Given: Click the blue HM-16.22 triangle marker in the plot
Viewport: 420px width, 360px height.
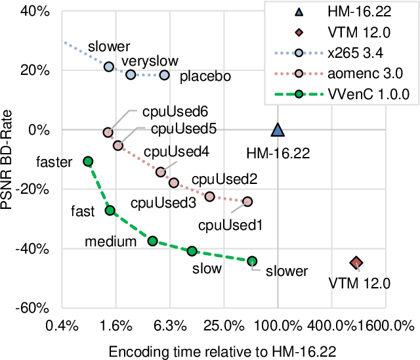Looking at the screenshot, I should pyautogui.click(x=278, y=131).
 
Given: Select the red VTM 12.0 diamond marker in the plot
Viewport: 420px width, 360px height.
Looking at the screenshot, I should pyautogui.click(x=356, y=263).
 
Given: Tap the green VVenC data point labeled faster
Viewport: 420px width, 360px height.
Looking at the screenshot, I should pyautogui.click(x=88, y=162).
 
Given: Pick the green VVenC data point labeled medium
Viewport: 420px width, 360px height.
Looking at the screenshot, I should pyautogui.click(x=152, y=241).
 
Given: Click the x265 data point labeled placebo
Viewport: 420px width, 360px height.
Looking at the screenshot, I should pyautogui.click(x=165, y=76).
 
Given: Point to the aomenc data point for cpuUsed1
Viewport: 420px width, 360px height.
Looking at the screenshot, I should pyautogui.click(x=247, y=202).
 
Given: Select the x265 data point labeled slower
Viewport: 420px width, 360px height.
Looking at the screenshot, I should pyautogui.click(x=109, y=67).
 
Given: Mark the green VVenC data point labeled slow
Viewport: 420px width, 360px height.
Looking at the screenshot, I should pyautogui.click(x=192, y=251).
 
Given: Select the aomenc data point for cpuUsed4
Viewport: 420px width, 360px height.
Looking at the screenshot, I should pyautogui.click(x=161, y=172).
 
